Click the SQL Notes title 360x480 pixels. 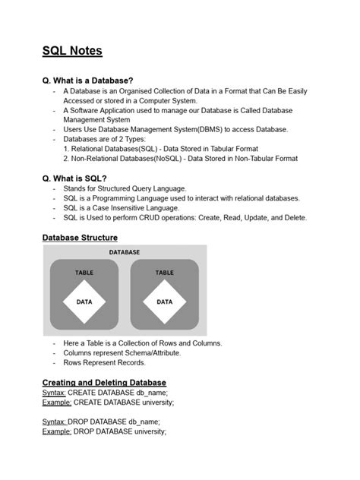pos(72,52)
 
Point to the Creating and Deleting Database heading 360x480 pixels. pos(104,381)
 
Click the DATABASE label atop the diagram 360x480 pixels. pos(123,251)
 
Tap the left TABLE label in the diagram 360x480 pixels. pos(84,272)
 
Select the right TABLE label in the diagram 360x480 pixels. pos(164,272)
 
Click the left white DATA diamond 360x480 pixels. pos(84,301)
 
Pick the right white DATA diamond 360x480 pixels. pos(164,301)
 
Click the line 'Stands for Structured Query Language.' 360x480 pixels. pos(125,188)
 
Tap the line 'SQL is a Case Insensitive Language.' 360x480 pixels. pos(122,207)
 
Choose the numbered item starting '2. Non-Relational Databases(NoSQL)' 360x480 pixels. pos(180,159)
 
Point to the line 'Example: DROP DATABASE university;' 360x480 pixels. pos(104,431)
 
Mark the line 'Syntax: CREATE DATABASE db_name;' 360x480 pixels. pos(104,392)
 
